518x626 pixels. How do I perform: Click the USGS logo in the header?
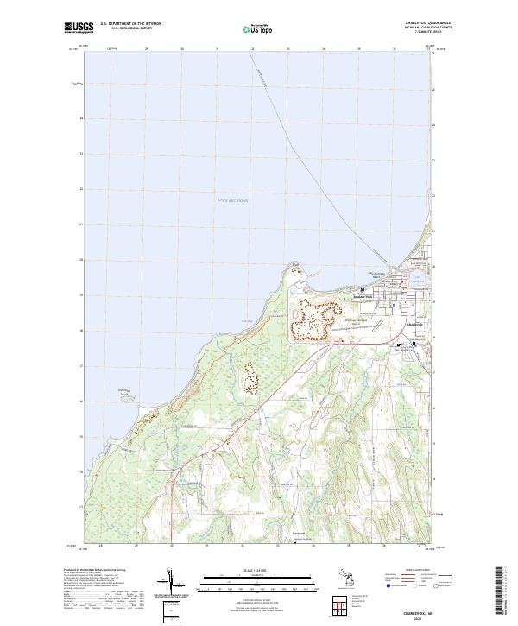[x=79, y=29]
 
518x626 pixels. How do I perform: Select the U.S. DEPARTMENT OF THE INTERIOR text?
[x=130, y=24]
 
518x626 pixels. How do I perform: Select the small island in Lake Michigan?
[x=127, y=394]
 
